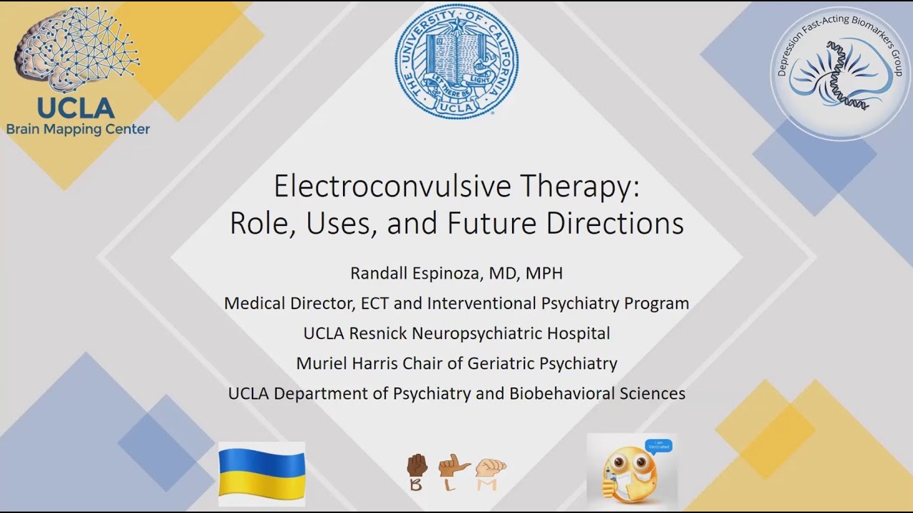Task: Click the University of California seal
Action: point(457,61)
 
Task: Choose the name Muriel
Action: point(321,363)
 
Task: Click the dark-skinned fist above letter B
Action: point(417,466)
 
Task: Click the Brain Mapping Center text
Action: point(78,129)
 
